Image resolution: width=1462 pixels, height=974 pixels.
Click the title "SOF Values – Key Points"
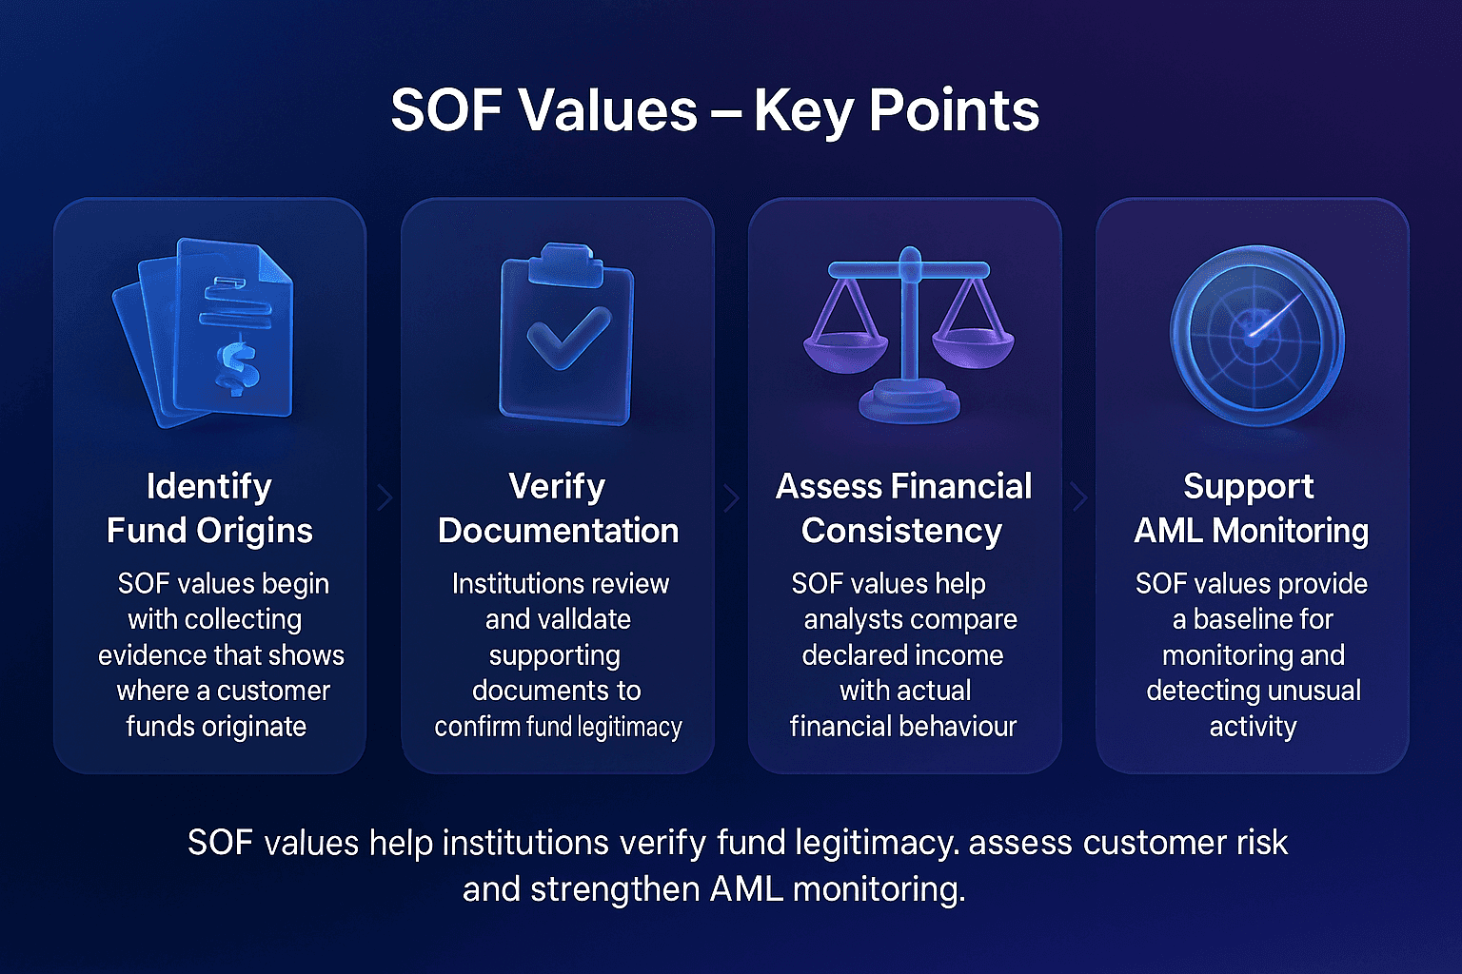(715, 110)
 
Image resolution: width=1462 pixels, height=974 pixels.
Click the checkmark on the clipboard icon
(568, 338)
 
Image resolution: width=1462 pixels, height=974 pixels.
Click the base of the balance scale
(909, 402)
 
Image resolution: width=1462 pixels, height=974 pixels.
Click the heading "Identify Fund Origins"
(209, 508)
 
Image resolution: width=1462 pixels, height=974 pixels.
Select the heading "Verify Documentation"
(558, 508)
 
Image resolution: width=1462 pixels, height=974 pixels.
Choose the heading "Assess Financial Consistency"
(903, 508)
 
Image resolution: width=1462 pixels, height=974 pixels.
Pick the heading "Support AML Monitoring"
(1251, 508)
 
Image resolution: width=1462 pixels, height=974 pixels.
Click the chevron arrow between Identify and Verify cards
(385, 497)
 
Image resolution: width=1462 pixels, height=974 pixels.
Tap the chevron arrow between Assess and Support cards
(1078, 497)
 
